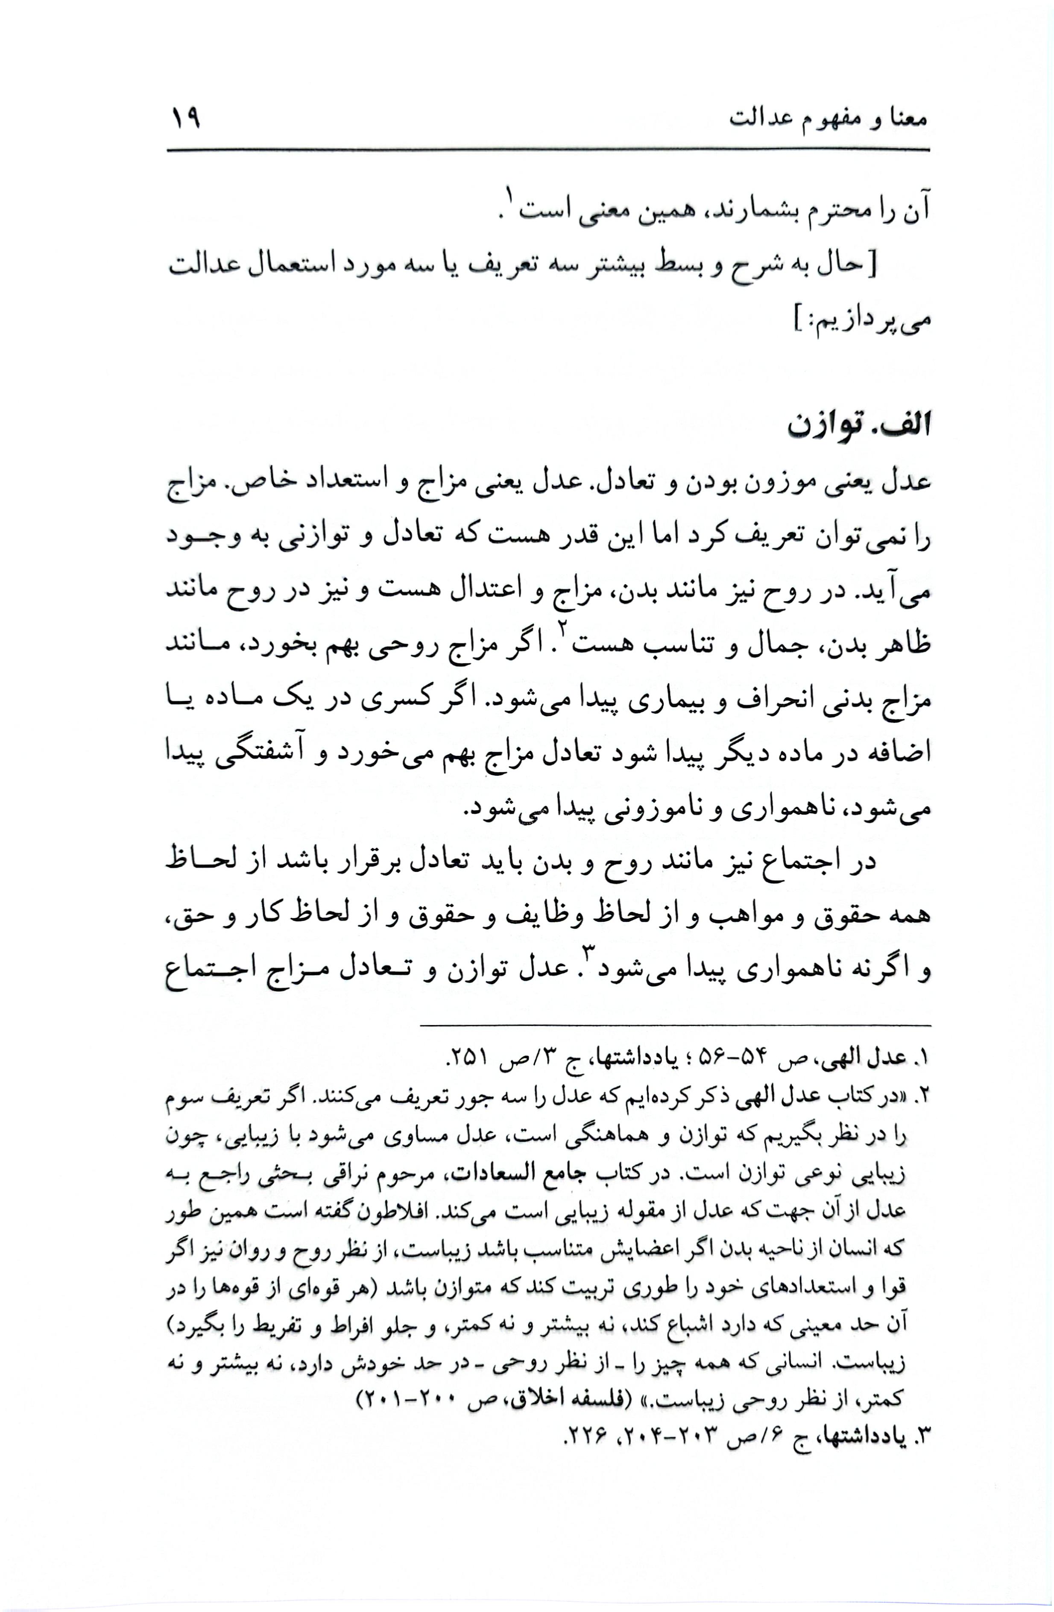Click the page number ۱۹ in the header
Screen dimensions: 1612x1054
tap(186, 119)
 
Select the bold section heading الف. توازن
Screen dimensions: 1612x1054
tap(858, 428)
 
